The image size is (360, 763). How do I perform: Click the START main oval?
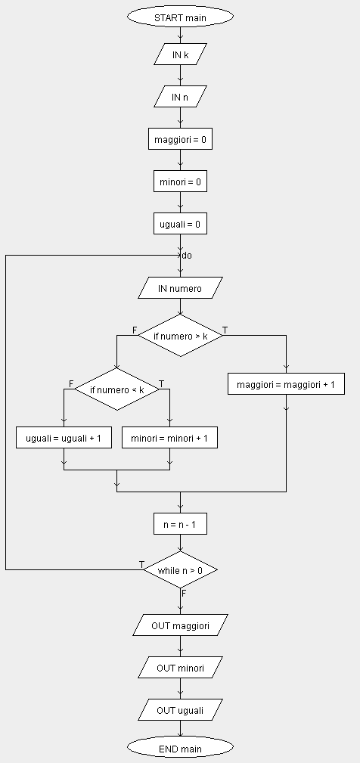(x=180, y=17)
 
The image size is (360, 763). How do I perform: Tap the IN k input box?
(x=180, y=54)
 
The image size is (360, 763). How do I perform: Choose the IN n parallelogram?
(x=180, y=96)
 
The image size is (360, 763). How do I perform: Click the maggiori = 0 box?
(x=180, y=138)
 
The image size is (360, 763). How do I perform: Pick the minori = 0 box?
(x=180, y=181)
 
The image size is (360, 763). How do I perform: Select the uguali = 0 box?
(x=180, y=223)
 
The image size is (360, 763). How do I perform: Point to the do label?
(x=187, y=256)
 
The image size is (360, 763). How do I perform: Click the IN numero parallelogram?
(x=180, y=287)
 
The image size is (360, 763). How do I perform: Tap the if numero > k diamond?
(x=180, y=335)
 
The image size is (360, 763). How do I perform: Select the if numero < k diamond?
(x=116, y=389)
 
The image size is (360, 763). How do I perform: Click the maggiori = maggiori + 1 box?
(x=286, y=384)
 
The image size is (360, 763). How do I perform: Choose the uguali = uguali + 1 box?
(x=64, y=438)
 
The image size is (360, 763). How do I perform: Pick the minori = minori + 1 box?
(x=169, y=438)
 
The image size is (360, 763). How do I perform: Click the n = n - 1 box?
(x=180, y=523)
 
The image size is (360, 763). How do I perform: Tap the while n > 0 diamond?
(x=180, y=569)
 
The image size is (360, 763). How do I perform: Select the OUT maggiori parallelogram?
(x=180, y=625)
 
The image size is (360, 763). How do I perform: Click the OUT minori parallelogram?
(x=180, y=667)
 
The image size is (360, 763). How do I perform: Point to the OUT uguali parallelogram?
(x=180, y=709)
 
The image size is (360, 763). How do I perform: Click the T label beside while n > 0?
(x=141, y=564)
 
